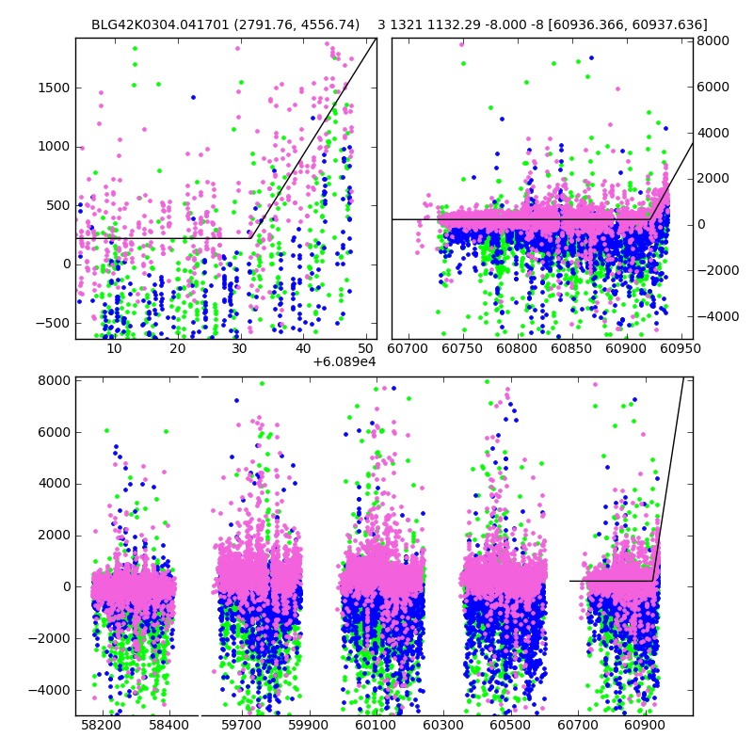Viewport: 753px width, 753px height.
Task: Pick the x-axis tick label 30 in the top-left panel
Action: pos(240,348)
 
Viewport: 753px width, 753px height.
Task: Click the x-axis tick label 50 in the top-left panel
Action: pos(366,348)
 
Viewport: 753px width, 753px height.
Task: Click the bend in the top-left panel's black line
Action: pos(251,238)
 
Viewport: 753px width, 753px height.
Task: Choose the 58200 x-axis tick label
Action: pos(100,726)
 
